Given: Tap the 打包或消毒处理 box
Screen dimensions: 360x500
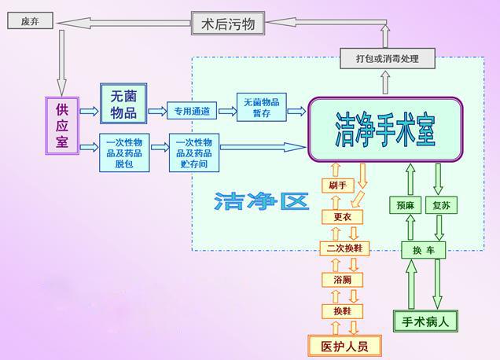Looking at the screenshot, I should pos(386,58).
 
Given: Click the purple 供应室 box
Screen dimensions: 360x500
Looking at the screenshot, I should pos(62,125).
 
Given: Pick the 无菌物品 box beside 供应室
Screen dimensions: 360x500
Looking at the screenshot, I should pos(123,104).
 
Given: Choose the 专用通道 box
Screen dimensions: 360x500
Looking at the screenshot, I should pos(191,112).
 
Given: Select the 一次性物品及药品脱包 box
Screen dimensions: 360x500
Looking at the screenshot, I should pos(123,152).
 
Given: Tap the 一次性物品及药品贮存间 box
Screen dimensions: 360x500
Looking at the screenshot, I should pos(193,152).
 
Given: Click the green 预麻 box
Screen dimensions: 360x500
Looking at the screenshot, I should pos(405,205).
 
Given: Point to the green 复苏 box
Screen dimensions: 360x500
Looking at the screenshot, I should pos(440,205).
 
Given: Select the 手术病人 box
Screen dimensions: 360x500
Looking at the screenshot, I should pos(425,321).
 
